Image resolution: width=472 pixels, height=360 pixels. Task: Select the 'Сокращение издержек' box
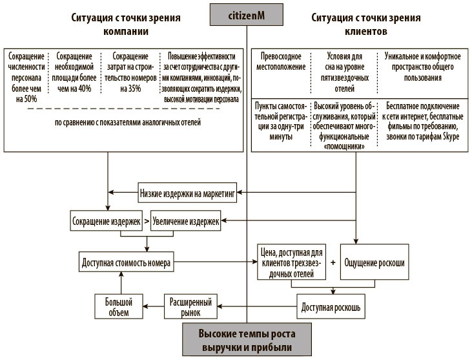105,221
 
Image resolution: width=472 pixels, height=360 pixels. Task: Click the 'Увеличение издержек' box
185,221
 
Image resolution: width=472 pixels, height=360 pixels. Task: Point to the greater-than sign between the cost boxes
146,221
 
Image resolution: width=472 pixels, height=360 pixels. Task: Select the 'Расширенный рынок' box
192,306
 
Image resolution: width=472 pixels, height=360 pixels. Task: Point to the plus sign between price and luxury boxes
333,263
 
